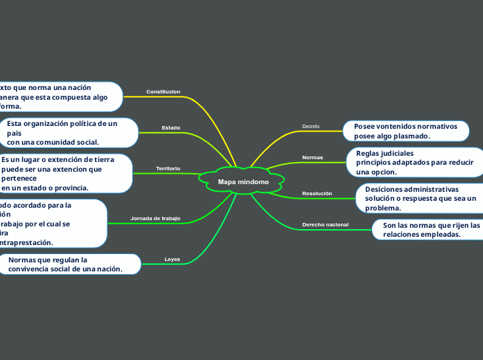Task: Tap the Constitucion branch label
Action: click(164, 91)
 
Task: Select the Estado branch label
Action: click(171, 128)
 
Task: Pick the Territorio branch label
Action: click(168, 169)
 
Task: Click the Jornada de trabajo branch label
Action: click(155, 219)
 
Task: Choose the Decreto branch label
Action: click(311, 127)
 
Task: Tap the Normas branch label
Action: click(313, 158)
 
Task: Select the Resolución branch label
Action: click(317, 193)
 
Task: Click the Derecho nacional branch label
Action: click(325, 225)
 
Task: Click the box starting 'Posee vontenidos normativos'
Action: click(405, 132)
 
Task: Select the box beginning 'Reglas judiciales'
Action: click(414, 162)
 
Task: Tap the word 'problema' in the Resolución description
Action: click(383, 208)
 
